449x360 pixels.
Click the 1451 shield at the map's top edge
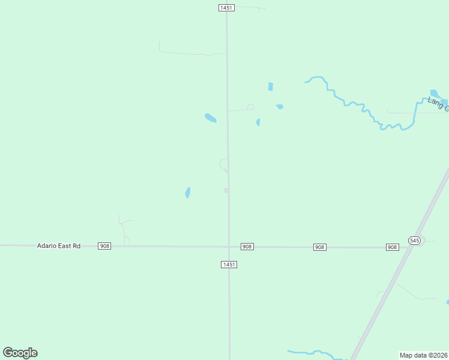(x=226, y=7)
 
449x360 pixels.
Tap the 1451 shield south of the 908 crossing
(x=229, y=265)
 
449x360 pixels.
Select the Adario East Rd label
(x=58, y=246)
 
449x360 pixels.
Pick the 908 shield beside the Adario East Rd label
(x=105, y=246)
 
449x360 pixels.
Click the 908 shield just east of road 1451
(x=247, y=247)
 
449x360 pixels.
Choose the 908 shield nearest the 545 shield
(x=393, y=247)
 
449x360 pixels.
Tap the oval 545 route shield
(x=414, y=240)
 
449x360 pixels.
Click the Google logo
(x=20, y=353)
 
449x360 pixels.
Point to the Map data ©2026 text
(x=424, y=355)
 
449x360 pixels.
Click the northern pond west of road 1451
(x=210, y=118)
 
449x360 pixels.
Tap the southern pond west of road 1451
(x=187, y=193)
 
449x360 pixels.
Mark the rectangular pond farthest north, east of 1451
(x=270, y=86)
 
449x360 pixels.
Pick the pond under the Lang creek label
(x=435, y=94)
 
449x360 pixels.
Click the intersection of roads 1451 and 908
(x=229, y=247)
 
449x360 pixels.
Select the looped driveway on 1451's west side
(x=223, y=164)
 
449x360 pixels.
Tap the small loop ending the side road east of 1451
(x=250, y=107)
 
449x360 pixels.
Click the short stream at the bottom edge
(x=312, y=353)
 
